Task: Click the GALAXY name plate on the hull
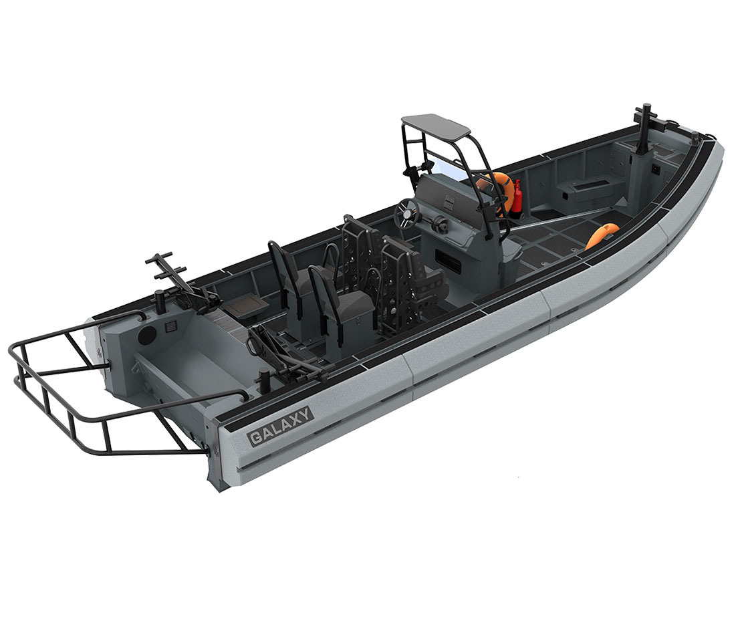[281, 426]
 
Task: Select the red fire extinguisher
[517, 196]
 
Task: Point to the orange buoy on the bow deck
[602, 235]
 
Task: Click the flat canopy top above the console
[435, 125]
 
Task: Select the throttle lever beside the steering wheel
[438, 221]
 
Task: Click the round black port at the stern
[146, 335]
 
